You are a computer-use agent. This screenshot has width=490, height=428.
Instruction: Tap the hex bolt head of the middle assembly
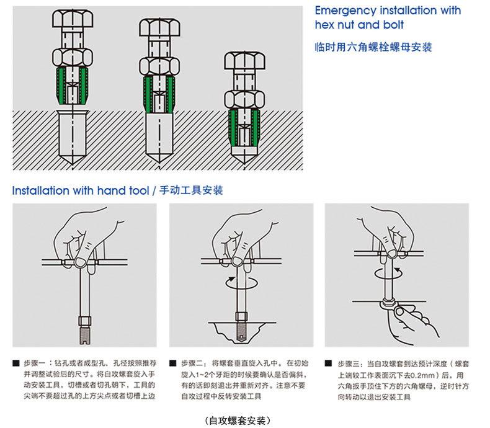160,31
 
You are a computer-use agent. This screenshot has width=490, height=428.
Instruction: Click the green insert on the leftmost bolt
71,86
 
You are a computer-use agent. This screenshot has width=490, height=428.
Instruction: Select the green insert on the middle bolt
159,93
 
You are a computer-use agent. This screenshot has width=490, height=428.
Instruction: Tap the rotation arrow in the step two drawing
241,283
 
